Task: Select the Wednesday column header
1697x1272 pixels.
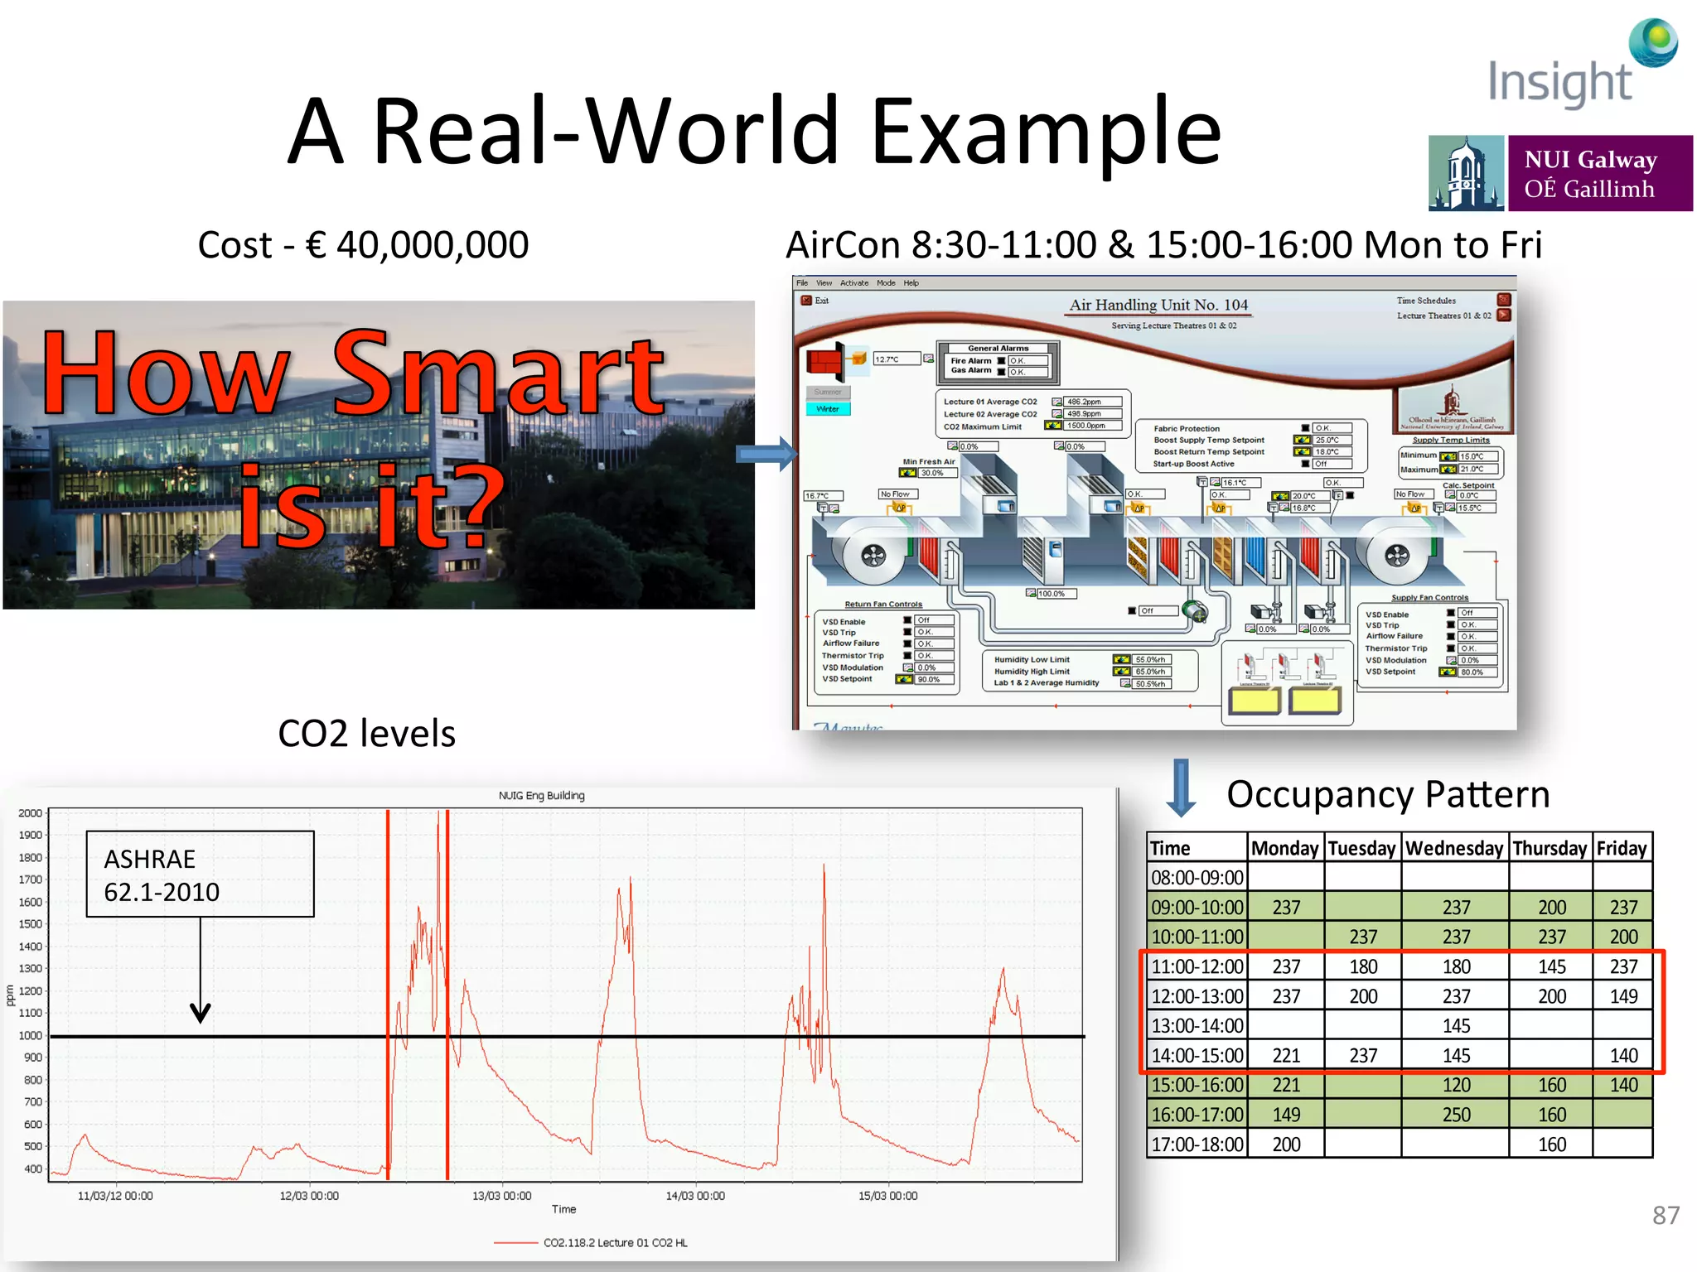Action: point(1454,848)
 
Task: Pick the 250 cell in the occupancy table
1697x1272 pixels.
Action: point(1456,1115)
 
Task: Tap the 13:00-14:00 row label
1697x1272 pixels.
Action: point(1197,1026)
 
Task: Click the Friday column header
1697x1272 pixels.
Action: point(1622,848)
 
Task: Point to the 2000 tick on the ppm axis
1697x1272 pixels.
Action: point(31,813)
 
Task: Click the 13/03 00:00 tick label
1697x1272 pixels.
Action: point(501,1196)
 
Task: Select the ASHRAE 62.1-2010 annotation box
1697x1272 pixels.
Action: point(200,874)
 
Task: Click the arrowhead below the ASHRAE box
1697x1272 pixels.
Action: point(201,1012)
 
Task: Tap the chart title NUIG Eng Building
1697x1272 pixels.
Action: point(541,796)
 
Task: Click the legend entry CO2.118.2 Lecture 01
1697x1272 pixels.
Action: point(615,1243)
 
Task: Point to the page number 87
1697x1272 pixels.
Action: point(1666,1215)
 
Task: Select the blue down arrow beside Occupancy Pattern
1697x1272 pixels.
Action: point(1181,788)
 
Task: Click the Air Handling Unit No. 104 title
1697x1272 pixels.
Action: point(1158,305)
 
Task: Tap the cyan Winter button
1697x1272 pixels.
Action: point(828,409)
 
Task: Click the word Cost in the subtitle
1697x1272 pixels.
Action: point(234,245)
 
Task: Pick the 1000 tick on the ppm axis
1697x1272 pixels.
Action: point(31,1035)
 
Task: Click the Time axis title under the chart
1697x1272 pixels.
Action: point(563,1209)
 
